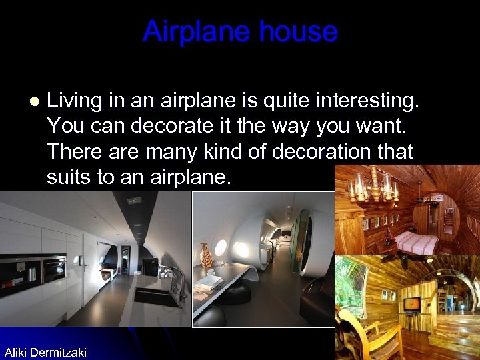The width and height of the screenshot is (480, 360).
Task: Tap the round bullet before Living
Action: pyautogui.click(x=35, y=101)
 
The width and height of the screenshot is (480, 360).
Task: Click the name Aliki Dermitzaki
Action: pyautogui.click(x=45, y=352)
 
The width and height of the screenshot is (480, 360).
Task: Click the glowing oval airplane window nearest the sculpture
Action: pyautogui.click(x=221, y=248)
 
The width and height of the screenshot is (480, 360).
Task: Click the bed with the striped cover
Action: pyautogui.click(x=416, y=241)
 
